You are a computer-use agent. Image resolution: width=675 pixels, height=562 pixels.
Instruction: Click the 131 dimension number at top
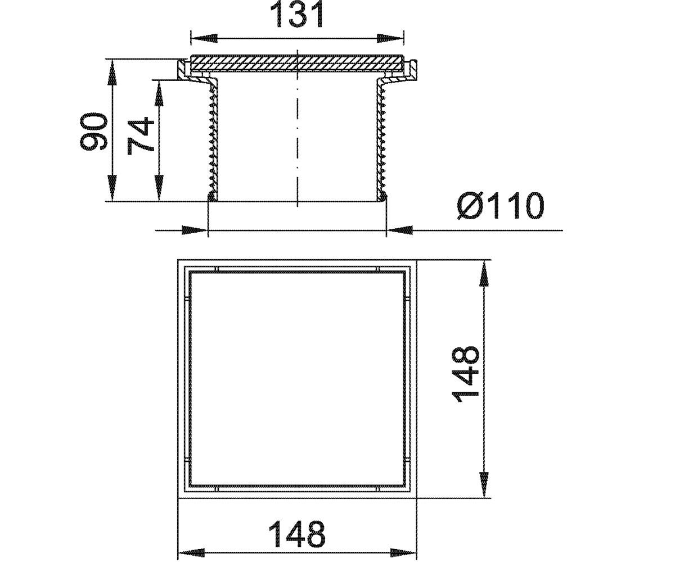[296, 15]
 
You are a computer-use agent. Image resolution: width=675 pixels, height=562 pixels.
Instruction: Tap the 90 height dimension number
[93, 131]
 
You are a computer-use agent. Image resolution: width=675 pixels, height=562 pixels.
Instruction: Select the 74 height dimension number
[141, 135]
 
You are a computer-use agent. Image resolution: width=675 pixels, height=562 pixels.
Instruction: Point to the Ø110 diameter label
[501, 206]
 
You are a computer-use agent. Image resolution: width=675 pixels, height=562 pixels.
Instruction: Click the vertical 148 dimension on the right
[466, 375]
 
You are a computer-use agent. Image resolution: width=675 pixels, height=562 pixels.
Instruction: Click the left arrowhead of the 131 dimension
[203, 38]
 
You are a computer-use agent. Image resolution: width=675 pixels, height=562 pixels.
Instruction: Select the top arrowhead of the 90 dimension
[111, 72]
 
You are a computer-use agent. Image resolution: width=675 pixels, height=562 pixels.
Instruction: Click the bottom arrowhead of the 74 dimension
[159, 188]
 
